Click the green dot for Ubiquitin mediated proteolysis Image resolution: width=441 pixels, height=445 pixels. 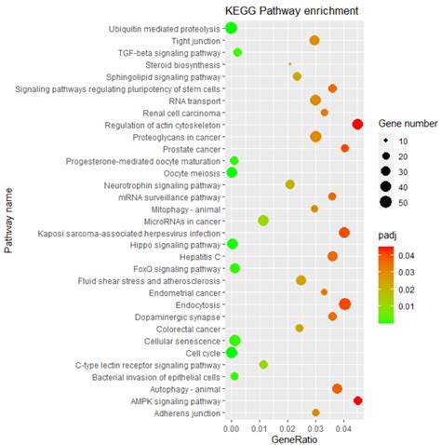pyautogui.click(x=231, y=28)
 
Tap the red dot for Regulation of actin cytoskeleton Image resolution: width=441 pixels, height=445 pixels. pyautogui.click(x=357, y=125)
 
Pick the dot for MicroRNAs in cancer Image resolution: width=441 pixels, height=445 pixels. pyautogui.click(x=263, y=221)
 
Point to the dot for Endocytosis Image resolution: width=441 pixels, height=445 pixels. pyautogui.click(x=345, y=304)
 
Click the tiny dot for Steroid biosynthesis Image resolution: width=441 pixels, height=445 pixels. pyautogui.click(x=290, y=64)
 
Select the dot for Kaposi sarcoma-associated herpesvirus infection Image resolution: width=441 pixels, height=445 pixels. pyautogui.click(x=344, y=233)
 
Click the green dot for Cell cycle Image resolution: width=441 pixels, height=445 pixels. pyautogui.click(x=231, y=352)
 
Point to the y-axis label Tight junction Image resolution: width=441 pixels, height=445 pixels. pyautogui.click(x=196, y=41)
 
